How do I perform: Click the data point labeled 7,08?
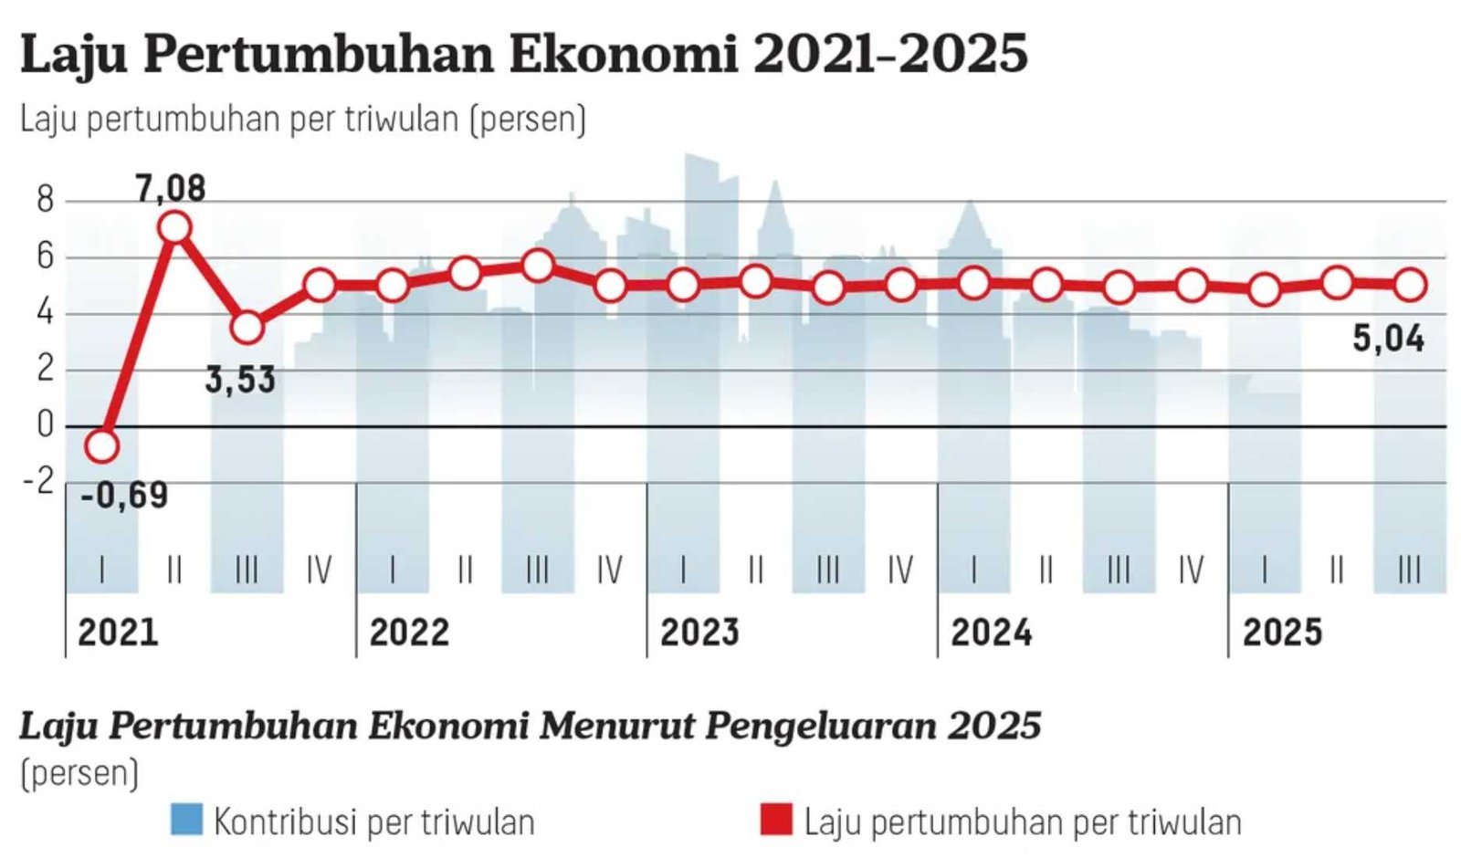(174, 227)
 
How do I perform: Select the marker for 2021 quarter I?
(101, 446)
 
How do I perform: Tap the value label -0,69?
(124, 496)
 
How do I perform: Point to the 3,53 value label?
(239, 380)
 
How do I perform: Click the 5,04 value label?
(1388, 340)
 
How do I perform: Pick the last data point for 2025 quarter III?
(1410, 285)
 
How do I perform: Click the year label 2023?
(699, 633)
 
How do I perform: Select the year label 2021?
(118, 633)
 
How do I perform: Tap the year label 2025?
(1282, 633)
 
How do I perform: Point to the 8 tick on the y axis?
(45, 200)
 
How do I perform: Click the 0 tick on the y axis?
(45, 425)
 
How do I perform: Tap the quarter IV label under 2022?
(610, 570)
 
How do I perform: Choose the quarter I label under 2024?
(973, 570)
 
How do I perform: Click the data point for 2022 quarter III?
(538, 266)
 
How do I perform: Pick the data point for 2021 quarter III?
(247, 328)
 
